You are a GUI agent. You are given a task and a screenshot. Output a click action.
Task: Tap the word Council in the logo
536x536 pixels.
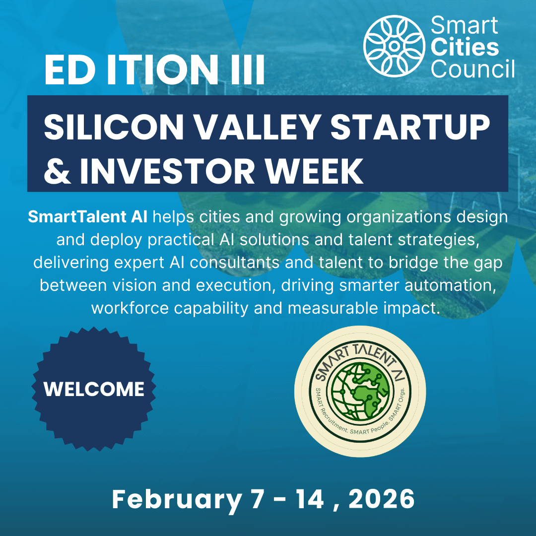pyautogui.click(x=472, y=69)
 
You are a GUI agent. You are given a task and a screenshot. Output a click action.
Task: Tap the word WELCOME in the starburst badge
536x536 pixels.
pyautogui.click(x=94, y=389)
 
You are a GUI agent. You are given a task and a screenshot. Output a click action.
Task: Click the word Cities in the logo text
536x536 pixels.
pyautogui.click(x=464, y=48)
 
